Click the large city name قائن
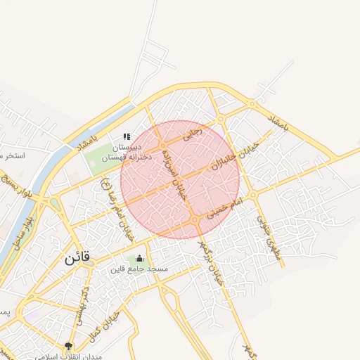pos(77,258)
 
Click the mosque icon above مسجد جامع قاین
pos(139,258)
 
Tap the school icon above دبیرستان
pos(127,136)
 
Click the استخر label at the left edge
pos(13,155)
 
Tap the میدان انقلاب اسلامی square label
pos(69,356)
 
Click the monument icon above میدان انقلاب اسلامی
pos(68,345)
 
